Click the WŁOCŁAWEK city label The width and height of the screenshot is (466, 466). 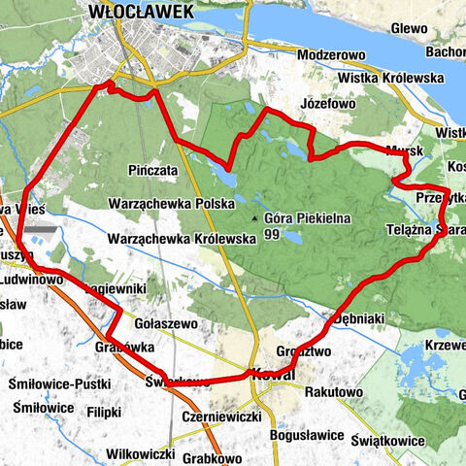click(140, 12)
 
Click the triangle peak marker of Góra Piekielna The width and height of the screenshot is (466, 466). click(255, 219)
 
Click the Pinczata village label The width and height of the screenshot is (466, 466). click(152, 170)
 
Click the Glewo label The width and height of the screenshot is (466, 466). click(408, 28)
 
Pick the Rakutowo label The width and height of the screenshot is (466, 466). click(333, 393)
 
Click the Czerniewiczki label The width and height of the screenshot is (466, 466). click(222, 416)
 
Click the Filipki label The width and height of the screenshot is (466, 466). click(104, 411)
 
